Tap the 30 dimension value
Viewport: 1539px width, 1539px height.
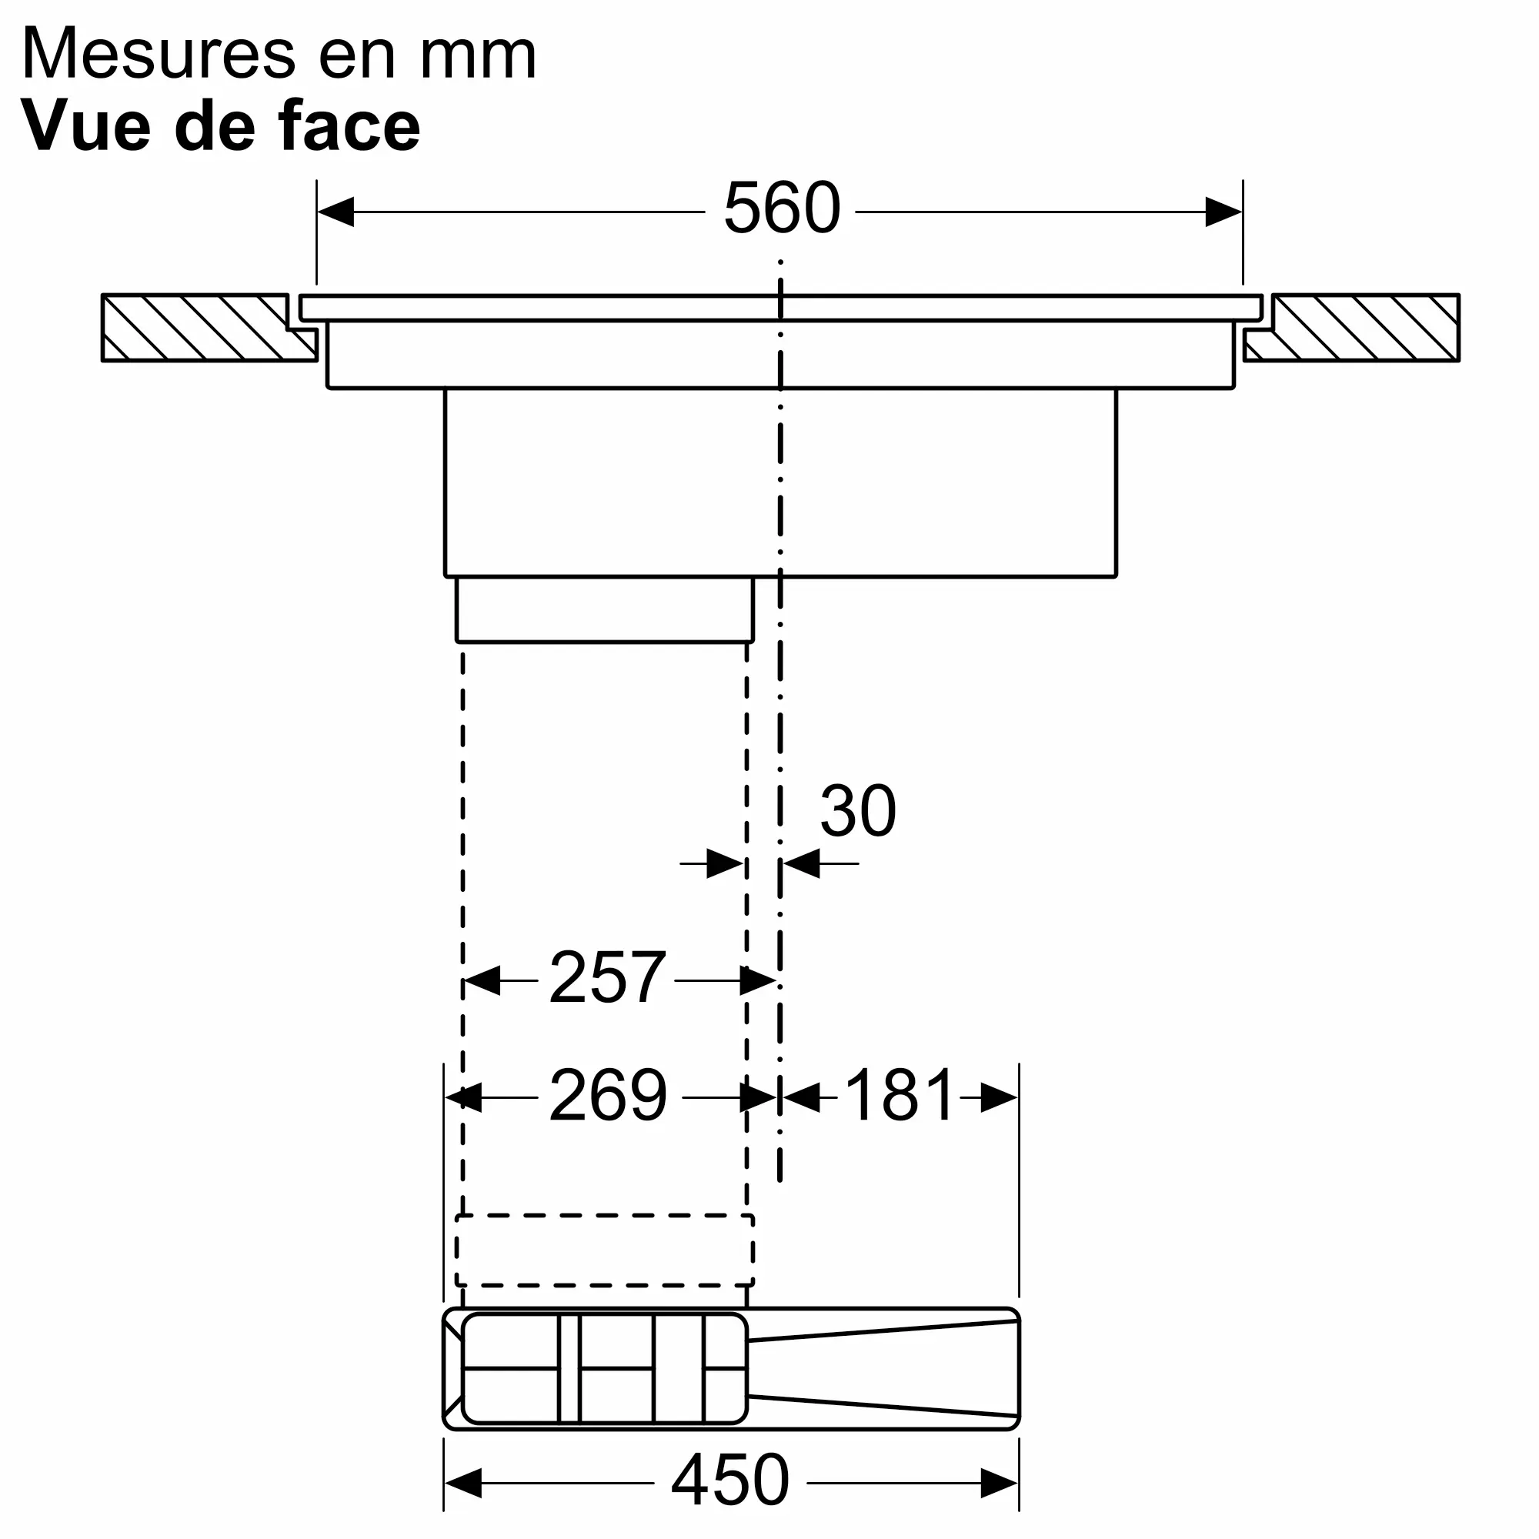(857, 812)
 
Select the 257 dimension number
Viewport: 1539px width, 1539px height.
(607, 977)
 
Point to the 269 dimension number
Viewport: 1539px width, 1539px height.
(607, 1096)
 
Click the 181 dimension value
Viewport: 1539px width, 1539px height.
(899, 1096)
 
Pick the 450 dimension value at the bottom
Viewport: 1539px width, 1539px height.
(729, 1480)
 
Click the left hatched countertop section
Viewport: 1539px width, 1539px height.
(199, 326)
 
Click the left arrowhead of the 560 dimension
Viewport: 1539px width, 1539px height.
(335, 212)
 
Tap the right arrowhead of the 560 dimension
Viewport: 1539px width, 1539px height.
(1224, 212)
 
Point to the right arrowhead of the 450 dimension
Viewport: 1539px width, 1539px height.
(1000, 1484)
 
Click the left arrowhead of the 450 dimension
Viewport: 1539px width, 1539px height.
(462, 1484)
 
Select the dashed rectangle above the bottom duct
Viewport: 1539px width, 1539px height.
(604, 1250)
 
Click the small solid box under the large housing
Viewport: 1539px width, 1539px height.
(604, 609)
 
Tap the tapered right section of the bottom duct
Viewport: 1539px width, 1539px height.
(884, 1367)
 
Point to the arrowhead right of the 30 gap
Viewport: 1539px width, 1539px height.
(800, 863)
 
